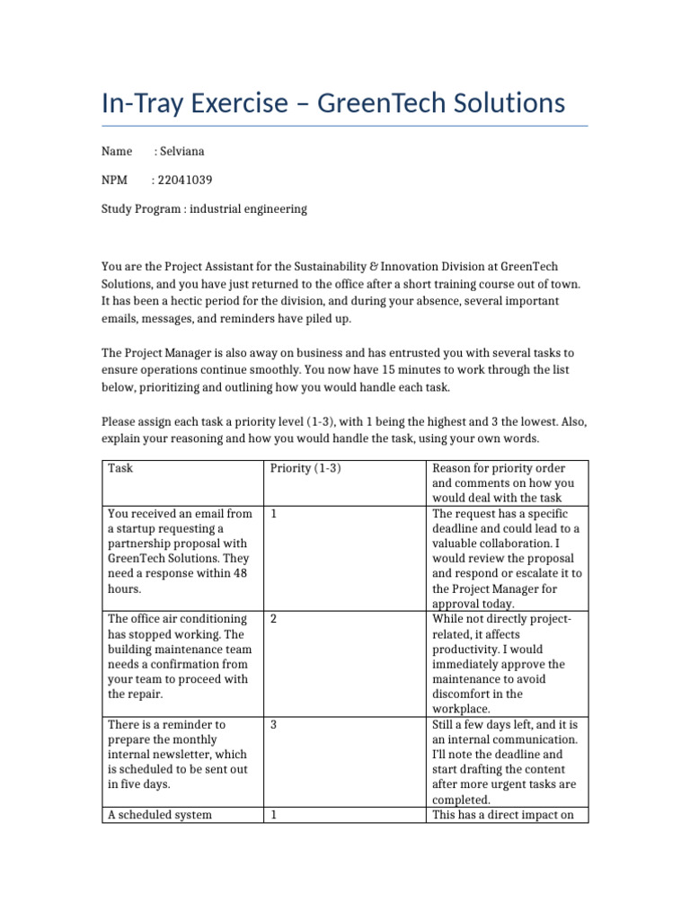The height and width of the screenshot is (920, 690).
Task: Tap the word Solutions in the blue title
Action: [506, 103]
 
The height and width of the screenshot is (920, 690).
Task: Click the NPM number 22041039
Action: [186, 180]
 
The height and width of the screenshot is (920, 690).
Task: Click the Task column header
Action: [120, 468]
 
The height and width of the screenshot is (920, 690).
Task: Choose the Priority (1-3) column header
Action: [305, 468]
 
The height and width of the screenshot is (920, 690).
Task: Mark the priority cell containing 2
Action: [272, 619]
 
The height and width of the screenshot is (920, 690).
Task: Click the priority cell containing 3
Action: [272, 724]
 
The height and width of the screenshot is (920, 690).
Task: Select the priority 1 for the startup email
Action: [272, 514]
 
